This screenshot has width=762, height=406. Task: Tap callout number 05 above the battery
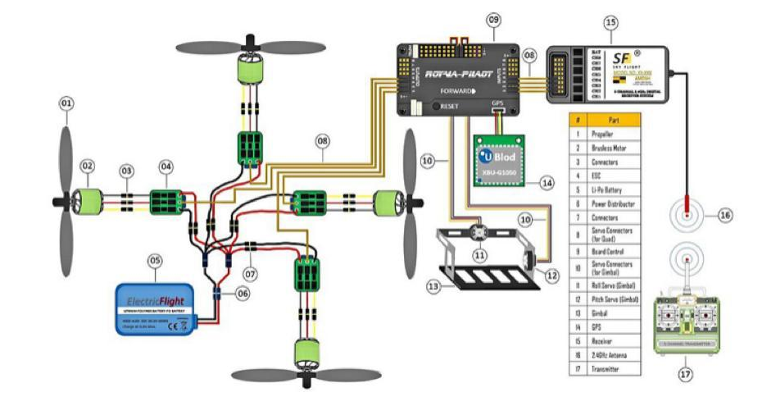click(155, 262)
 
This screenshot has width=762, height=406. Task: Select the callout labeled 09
click(492, 19)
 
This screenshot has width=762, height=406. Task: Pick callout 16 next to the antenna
click(724, 215)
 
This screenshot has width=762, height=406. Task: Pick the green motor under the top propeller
click(249, 69)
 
